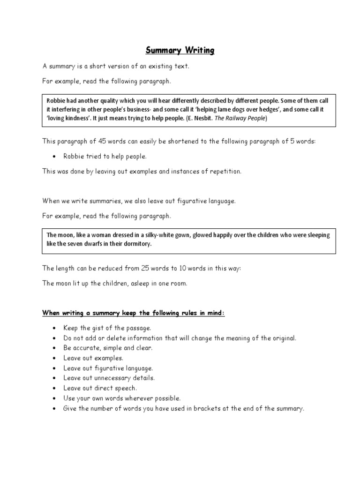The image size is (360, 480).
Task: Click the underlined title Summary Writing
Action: pos(180,50)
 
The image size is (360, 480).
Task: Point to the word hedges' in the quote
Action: pos(266,109)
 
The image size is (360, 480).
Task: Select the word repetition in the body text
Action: pos(225,171)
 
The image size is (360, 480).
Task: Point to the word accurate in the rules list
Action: pos(86,348)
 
